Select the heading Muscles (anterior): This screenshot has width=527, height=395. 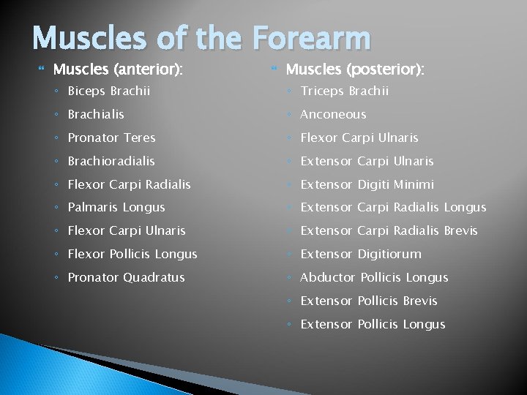coord(118,70)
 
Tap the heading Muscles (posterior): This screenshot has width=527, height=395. coord(355,70)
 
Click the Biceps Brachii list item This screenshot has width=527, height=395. coord(109,91)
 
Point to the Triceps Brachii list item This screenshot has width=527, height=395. coord(345,91)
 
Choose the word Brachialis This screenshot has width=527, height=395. coord(96,114)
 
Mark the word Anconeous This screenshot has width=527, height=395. coord(333,114)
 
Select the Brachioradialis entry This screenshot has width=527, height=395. coord(111,161)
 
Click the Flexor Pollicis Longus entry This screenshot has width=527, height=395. coord(132,255)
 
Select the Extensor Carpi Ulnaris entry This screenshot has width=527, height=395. coord(367,161)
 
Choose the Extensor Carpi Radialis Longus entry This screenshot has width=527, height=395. coord(393,208)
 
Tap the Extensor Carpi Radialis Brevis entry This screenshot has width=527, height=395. coord(389,231)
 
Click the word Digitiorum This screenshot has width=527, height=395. coord(389,255)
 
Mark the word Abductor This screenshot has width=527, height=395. coord(327,278)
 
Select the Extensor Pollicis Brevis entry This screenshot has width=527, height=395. coord(369,301)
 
